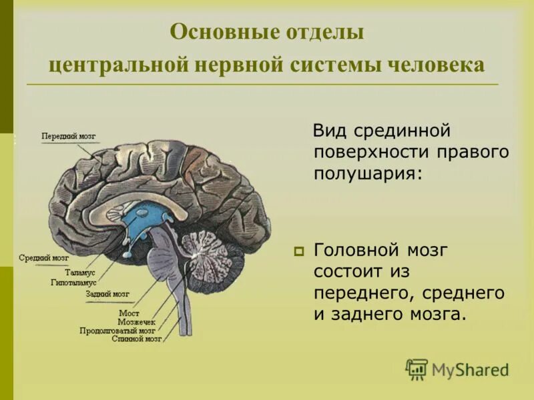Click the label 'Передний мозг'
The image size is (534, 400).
click(x=68, y=136)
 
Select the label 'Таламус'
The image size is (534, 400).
click(x=80, y=273)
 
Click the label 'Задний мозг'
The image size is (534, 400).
click(x=107, y=293)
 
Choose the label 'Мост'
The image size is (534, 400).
click(x=128, y=312)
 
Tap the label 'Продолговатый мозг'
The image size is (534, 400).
click(x=117, y=330)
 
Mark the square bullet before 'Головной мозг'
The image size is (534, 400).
click(x=298, y=252)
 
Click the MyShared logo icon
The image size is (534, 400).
click(x=417, y=369)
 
